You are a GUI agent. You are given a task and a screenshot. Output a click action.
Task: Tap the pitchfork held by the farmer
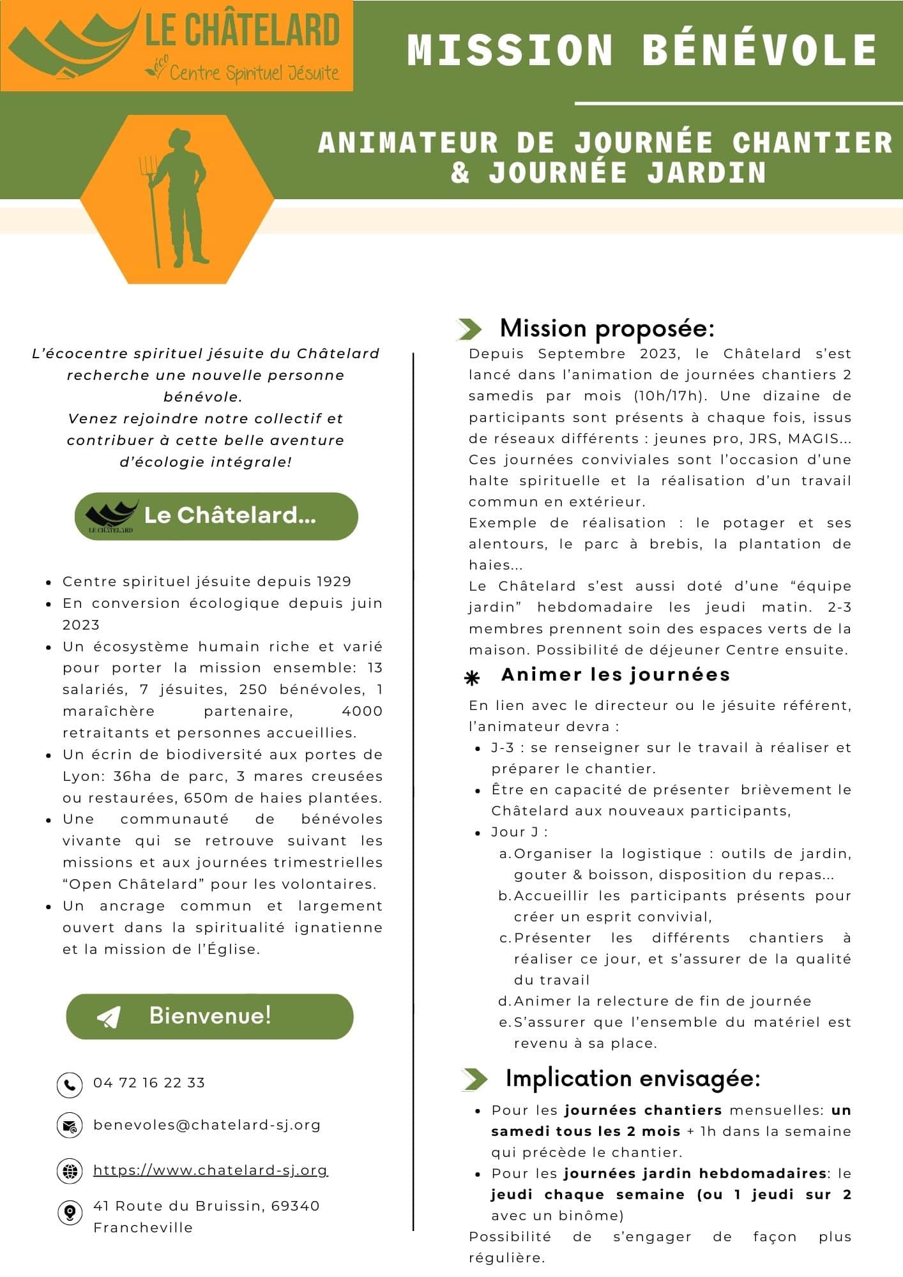pos(151,204)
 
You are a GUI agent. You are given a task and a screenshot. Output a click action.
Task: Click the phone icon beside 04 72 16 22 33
pos(70,1084)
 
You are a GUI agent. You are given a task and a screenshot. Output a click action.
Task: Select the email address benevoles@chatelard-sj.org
pos(207,1124)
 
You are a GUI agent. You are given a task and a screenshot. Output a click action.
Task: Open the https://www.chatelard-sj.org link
pos(210,1170)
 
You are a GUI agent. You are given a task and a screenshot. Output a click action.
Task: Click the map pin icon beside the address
pos(70,1213)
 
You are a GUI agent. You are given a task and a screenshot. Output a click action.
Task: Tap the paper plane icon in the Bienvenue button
pos(109,1016)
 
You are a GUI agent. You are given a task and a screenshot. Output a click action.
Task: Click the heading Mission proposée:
pos(607,328)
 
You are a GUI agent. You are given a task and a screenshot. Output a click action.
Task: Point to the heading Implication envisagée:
pos(633,1078)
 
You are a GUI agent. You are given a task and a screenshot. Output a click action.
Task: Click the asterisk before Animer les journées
pos(472,679)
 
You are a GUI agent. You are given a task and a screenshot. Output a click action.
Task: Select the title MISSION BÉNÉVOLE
pos(642,50)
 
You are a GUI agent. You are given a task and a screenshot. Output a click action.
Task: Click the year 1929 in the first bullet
pos(334,581)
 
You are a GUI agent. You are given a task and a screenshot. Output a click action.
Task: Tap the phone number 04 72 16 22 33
pos(149,1082)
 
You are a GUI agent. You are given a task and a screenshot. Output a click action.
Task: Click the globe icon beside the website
pos(70,1170)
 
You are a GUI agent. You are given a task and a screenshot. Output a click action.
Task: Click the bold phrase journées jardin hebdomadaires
pos(695,1173)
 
